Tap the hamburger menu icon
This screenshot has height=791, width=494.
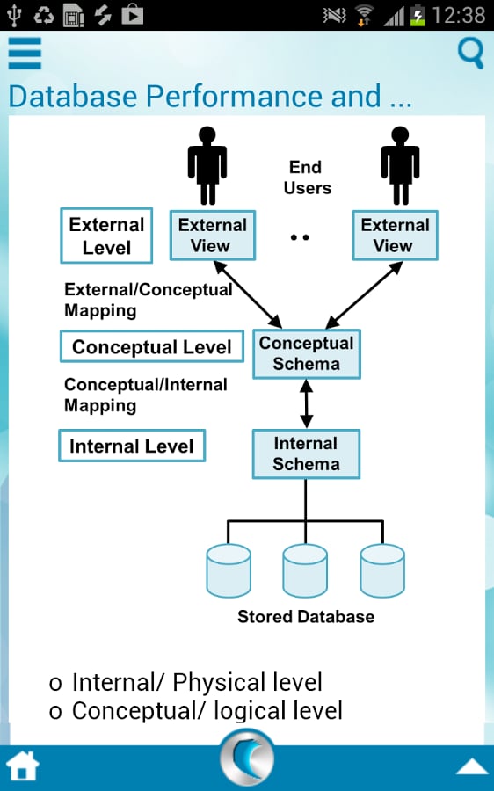(25, 53)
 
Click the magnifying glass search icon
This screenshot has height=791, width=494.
(470, 53)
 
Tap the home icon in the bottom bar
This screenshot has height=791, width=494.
(23, 766)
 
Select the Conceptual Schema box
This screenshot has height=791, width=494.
(306, 353)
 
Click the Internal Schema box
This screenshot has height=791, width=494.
(306, 454)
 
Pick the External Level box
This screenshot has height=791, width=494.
(106, 236)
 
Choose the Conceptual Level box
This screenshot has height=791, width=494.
(152, 346)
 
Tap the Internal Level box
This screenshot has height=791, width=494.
(132, 446)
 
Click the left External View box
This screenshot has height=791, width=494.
(213, 235)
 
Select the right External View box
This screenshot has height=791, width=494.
(395, 235)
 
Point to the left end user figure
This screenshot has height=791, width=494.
(207, 165)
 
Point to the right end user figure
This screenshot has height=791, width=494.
(400, 165)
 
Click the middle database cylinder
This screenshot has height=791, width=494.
(305, 570)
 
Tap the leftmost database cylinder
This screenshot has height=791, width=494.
(229, 570)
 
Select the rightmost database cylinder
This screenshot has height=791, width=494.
(382, 570)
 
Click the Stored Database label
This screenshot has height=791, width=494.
(306, 616)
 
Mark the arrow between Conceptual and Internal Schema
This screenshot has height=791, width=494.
(306, 403)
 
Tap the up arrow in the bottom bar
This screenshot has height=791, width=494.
(472, 767)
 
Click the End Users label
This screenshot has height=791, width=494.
(307, 178)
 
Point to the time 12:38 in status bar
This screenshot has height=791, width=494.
(459, 15)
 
